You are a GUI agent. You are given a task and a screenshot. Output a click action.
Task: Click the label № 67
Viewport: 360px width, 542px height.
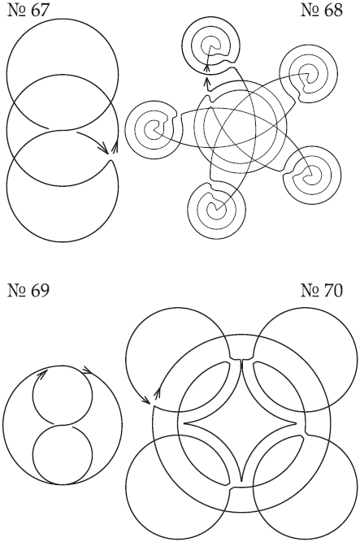coord(28,10)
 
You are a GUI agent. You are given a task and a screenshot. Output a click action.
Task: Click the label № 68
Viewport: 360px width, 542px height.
coord(322,10)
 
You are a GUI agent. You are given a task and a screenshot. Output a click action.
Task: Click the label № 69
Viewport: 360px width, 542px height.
coord(28,290)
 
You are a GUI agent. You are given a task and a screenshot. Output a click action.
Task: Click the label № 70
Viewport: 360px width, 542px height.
coord(322,290)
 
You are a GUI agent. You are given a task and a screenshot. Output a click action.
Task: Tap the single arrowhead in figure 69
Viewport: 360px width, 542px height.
coord(41,374)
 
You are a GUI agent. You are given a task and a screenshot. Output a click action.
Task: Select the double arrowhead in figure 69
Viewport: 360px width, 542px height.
coord(87,371)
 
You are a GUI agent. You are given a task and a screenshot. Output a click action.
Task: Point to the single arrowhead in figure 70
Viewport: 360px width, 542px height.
coord(146,400)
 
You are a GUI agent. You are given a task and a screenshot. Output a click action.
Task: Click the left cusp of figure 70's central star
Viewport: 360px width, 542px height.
coord(184,423)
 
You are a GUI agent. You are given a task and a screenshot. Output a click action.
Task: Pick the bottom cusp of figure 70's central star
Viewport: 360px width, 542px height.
coord(241,480)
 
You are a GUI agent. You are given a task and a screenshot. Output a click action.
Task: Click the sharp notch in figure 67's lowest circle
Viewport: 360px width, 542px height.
coord(111,160)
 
